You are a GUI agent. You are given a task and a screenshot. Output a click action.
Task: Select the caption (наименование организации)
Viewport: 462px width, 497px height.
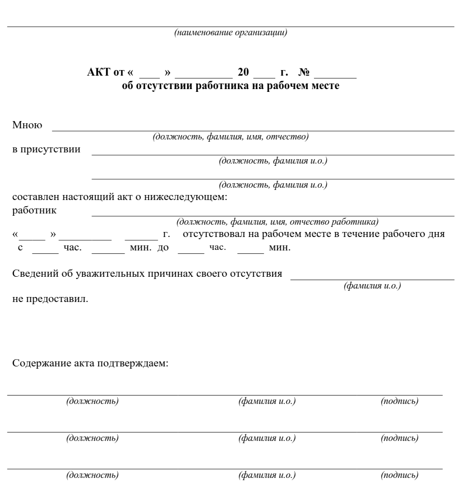[231, 33]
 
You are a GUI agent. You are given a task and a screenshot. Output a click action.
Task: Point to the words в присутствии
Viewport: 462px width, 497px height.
[46, 150]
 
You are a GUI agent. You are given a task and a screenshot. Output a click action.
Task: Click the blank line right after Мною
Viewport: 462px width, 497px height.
[252, 129]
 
